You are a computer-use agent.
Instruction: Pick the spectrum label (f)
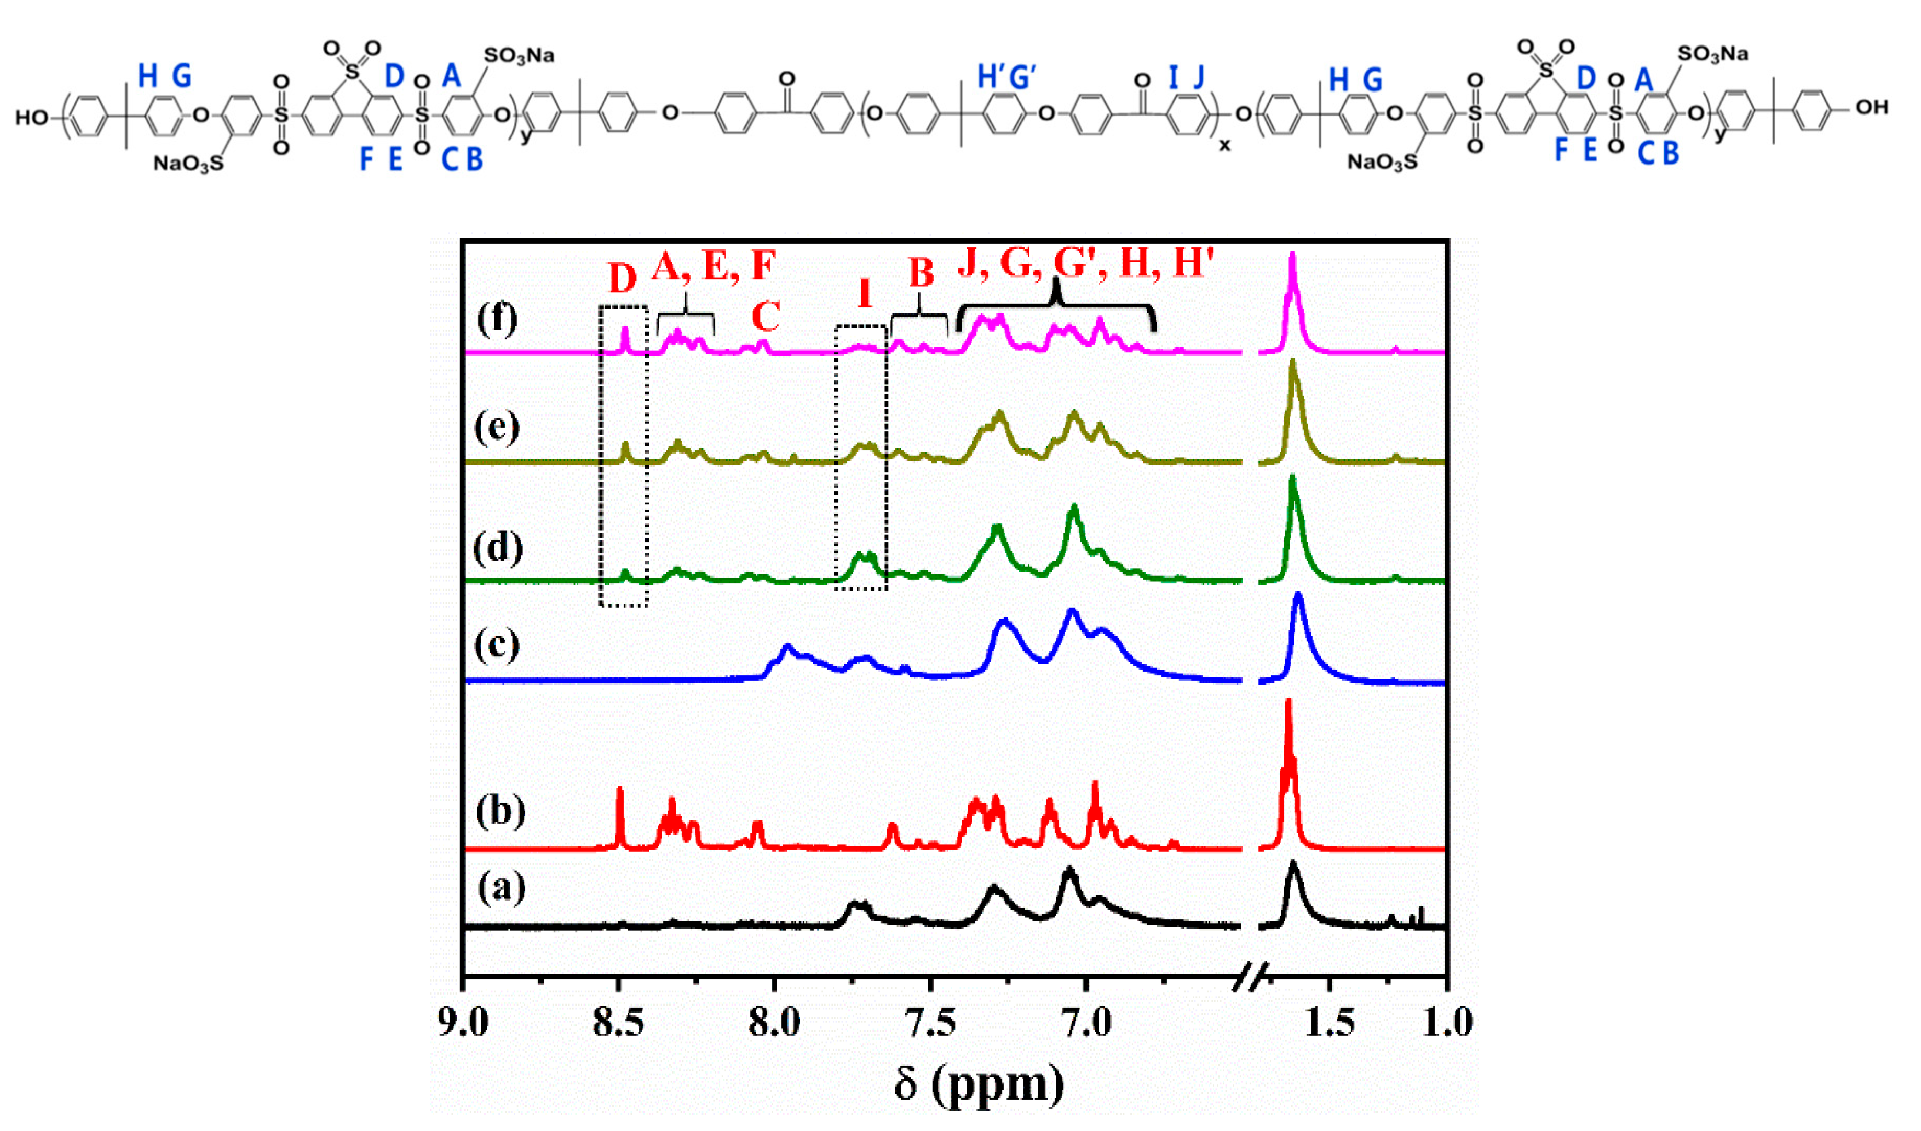(x=497, y=317)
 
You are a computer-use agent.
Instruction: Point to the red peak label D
(x=622, y=279)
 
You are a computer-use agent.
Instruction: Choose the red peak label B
(x=921, y=272)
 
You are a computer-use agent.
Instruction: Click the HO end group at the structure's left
(x=32, y=118)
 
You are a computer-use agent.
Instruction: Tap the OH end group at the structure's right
(x=1871, y=108)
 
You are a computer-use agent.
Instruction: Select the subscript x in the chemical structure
(x=1224, y=144)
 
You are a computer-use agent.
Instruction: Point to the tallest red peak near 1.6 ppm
(x=1289, y=705)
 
